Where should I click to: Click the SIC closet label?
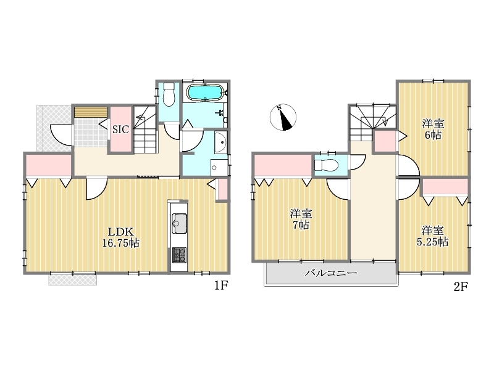[120, 129]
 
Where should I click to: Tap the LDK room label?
[121, 232]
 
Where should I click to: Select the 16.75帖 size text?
[121, 243]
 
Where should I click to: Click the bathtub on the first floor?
[205, 92]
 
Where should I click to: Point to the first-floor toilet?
[169, 94]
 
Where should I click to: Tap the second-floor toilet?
[327, 165]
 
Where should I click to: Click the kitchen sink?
[179, 223]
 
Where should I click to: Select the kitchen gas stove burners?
[179, 255]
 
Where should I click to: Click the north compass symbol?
[283, 117]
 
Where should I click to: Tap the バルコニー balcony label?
[331, 273]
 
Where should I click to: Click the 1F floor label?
[221, 286]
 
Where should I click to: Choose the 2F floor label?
[461, 286]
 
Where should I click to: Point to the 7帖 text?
[301, 225]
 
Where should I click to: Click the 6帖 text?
[433, 135]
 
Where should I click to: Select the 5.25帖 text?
[433, 242]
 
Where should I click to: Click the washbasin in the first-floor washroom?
[221, 142]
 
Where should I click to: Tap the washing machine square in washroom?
[219, 168]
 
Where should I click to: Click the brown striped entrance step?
[91, 112]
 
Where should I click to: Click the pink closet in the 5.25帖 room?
[445, 187]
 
